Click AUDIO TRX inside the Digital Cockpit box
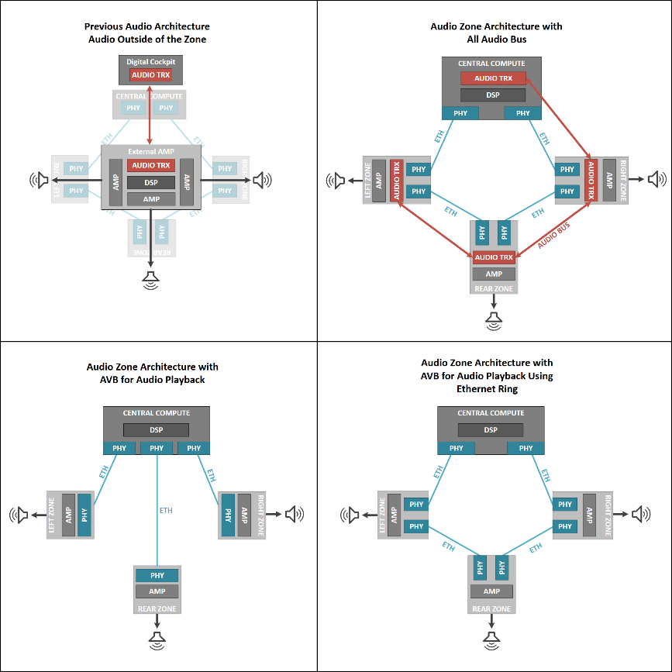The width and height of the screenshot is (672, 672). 150,75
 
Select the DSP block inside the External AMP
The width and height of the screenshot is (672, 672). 151,182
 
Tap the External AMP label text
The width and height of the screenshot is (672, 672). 151,152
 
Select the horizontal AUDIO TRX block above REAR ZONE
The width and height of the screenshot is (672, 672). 494,257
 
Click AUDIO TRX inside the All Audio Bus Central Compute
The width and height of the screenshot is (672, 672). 493,78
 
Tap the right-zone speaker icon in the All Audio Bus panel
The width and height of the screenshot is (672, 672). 656,180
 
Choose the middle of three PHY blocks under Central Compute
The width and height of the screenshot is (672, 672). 157,448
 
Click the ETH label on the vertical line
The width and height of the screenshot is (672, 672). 165,511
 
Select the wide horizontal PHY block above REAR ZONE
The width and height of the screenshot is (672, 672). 157,576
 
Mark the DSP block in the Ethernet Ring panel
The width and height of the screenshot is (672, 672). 491,430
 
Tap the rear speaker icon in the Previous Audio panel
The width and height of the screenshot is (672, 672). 151,278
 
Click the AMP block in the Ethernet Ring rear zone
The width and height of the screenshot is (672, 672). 491,591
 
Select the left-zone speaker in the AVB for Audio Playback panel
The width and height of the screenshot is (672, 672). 19,513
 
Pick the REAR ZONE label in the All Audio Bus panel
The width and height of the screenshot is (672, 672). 494,289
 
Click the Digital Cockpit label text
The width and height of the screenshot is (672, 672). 151,61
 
